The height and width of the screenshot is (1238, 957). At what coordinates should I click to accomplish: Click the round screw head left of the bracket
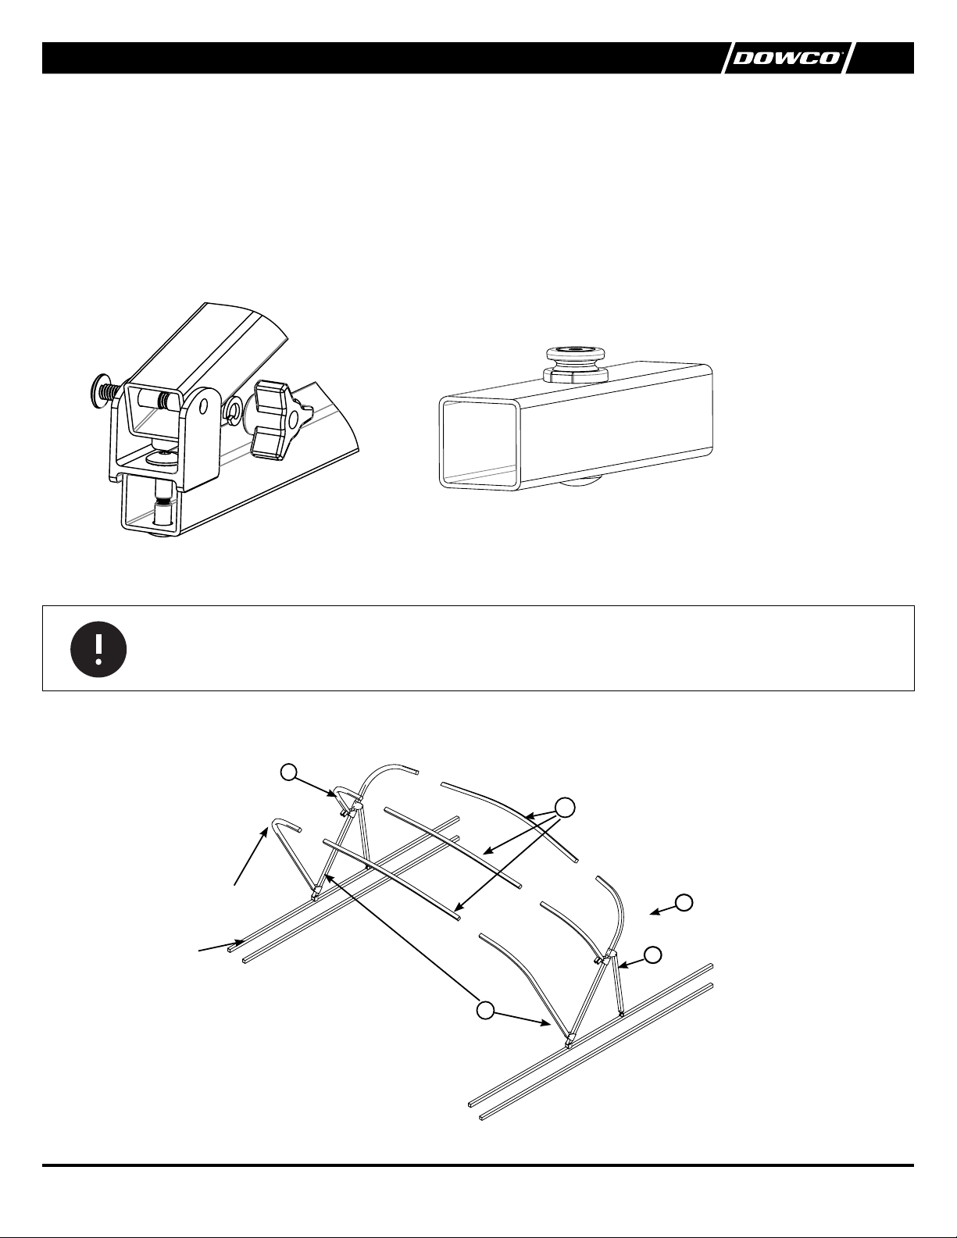coord(100,387)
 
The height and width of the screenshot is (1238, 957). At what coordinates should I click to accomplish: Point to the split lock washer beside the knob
coord(234,412)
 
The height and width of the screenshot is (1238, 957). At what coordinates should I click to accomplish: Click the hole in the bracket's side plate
coord(201,408)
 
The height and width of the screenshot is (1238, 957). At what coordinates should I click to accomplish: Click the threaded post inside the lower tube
coord(164,504)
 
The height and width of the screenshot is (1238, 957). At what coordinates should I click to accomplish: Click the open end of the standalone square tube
coord(479,443)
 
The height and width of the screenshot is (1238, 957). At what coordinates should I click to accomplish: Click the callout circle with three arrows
coord(565,807)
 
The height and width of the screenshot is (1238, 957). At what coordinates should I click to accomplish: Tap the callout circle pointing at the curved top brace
coord(289,772)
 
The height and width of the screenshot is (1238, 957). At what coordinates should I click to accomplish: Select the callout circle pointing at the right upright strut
coord(653,954)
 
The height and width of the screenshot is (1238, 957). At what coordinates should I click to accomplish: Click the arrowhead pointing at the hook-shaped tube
coord(266,833)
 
